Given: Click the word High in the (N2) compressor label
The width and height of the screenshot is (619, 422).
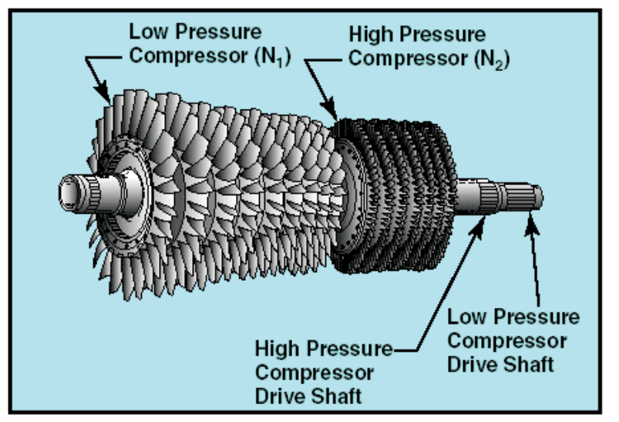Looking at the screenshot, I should point(372,35).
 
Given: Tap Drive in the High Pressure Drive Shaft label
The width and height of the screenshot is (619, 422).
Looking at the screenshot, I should point(281,396).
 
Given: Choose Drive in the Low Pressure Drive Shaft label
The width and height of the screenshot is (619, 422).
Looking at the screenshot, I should point(475,363).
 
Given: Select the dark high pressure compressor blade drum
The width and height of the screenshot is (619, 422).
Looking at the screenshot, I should point(393,193).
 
